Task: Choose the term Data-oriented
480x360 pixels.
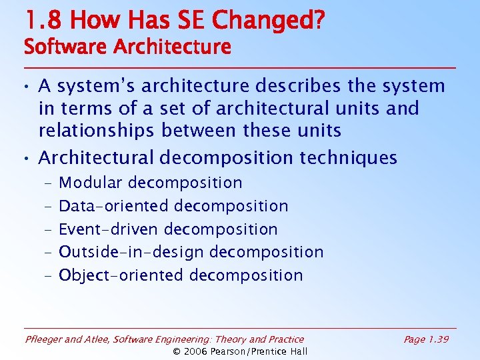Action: pos(115,206)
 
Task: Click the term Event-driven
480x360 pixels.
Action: pos(109,229)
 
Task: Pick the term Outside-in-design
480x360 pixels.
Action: pos(132,252)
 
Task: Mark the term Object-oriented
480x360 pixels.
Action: pos(121,275)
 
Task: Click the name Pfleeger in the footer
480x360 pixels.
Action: pos(43,340)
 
